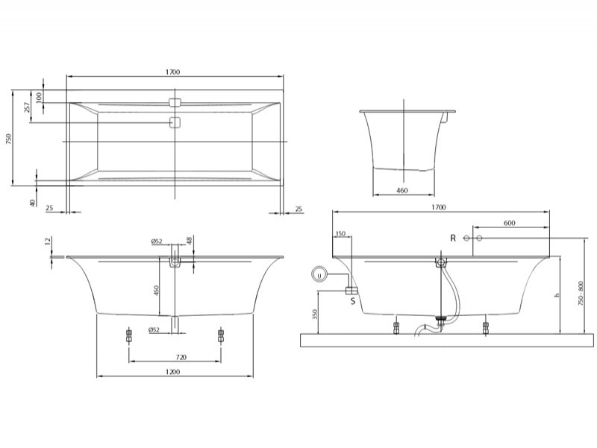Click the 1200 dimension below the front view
pos(172,371)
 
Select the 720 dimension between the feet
pos(181,357)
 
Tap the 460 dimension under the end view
pos(402,190)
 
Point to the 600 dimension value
pos(510,223)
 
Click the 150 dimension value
pos(341,233)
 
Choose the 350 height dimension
pos(314,314)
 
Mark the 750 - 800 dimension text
pos(581,293)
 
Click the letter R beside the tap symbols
pos(453,238)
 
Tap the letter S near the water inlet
pos(353,301)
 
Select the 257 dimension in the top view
pos(27,107)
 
